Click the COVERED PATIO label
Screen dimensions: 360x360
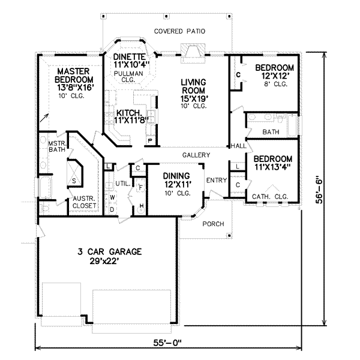[179, 31]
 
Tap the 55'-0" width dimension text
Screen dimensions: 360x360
[167, 343]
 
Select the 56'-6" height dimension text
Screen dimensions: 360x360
[319, 190]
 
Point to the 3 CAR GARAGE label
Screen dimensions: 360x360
[110, 251]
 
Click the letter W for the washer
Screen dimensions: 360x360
[112, 197]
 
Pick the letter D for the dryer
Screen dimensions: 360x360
[112, 209]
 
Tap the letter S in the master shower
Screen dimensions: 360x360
[74, 181]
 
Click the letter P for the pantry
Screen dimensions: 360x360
[151, 140]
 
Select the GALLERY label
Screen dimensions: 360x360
[196, 155]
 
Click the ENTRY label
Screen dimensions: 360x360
[217, 180]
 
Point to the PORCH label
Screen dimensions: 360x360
[213, 224]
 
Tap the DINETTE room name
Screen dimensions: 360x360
[130, 57]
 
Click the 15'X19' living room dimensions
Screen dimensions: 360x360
[194, 98]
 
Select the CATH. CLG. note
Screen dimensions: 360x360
[270, 197]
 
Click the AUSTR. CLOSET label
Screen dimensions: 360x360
[84, 202]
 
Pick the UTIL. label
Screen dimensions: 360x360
[123, 184]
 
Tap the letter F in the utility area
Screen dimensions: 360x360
[140, 188]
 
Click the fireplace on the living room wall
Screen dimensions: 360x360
[193, 53]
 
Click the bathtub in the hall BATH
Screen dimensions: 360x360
[292, 125]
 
